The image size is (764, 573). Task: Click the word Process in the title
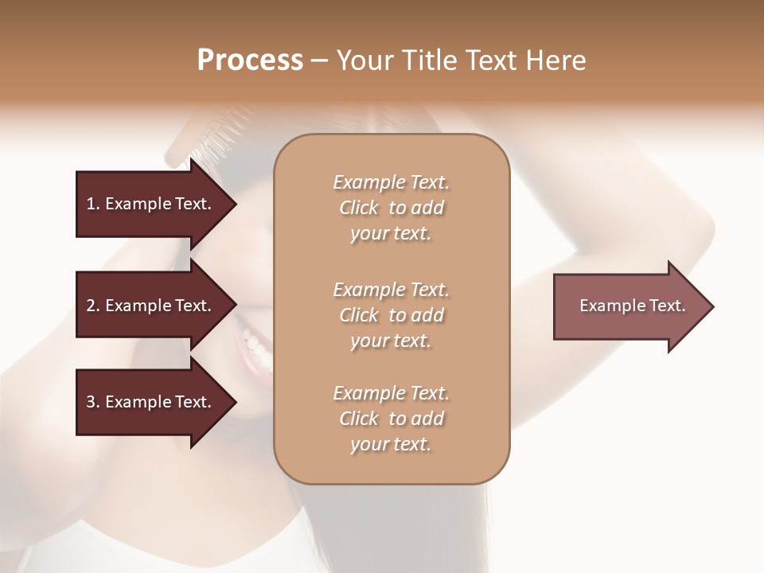point(250,60)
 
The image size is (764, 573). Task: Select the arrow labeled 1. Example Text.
point(151,204)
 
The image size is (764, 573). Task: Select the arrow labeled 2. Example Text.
point(151,306)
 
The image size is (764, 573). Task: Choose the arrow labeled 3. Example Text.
point(151,402)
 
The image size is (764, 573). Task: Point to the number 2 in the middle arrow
point(92,306)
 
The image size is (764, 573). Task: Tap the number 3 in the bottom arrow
point(92,402)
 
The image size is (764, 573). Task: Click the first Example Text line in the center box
point(391,182)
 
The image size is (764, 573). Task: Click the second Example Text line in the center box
point(391,290)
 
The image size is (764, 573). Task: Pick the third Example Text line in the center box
point(391,393)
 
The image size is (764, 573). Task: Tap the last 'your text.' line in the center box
point(391,444)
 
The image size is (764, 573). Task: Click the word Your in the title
point(364,60)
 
